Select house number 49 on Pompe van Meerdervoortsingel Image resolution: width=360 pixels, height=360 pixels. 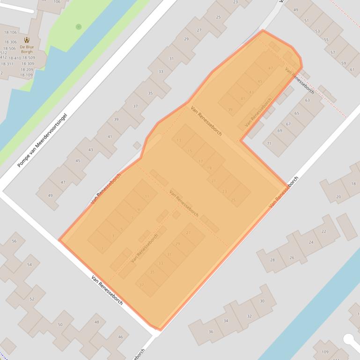coord(50,195)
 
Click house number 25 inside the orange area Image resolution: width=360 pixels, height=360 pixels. coord(233,200)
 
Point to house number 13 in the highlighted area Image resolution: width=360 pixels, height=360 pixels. coord(179,140)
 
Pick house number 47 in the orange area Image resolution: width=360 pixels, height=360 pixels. coord(271,68)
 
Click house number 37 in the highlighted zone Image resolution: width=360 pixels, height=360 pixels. coord(142,285)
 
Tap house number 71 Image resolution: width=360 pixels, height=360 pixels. coord(269,144)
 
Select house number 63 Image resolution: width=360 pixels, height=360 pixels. coord(308,100)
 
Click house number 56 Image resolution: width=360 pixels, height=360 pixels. coord(14,241)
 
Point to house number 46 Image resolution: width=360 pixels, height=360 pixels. coord(120,337)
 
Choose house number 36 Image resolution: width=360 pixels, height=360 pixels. coord(211,331)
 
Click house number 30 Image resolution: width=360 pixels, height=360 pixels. coord(262,302)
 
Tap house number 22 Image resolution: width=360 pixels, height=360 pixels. coord(323,231)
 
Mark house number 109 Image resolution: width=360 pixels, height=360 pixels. coord(325,352)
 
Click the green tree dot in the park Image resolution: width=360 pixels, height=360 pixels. coord(79,27)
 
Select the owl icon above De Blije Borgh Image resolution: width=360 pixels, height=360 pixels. coord(27,40)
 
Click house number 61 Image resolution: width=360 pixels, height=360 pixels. coord(352,69)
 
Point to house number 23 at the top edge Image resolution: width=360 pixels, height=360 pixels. coord(235,2)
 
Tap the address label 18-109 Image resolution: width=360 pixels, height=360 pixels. coord(26,75)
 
